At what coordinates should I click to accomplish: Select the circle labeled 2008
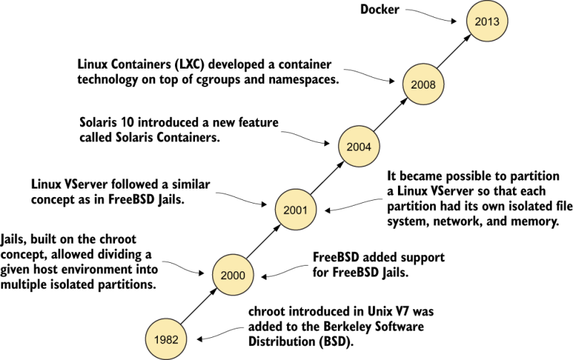(424, 84)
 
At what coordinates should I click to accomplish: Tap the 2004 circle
(359, 147)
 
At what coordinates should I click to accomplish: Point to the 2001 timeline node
(295, 210)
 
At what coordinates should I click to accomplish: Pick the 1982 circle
(166, 337)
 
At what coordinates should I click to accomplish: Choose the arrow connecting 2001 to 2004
(327, 179)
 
